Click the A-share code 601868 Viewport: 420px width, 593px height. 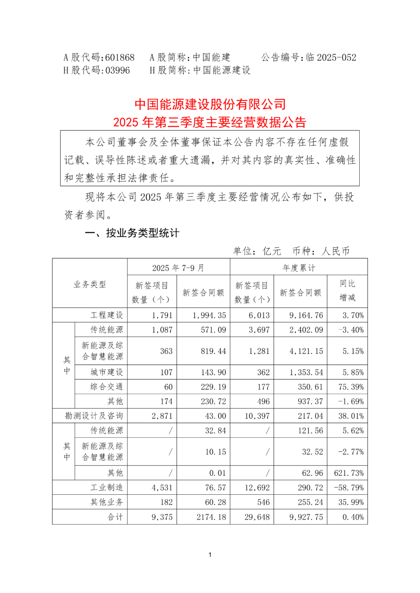[120, 57]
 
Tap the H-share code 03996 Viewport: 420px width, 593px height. [117, 70]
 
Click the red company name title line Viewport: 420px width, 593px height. [210, 104]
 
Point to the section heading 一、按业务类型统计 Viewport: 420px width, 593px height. [132, 233]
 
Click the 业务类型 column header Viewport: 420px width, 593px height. [90, 284]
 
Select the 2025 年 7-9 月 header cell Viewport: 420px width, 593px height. [178, 268]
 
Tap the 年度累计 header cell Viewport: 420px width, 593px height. [299, 268]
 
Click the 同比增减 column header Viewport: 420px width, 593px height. [347, 290]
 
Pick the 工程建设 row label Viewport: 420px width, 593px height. [107, 315]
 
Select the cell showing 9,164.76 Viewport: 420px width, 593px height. [306, 315]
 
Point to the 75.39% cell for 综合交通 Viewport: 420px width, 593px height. [351, 387]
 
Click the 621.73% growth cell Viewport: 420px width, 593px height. [349, 473]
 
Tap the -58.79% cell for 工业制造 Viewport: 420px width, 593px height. [349, 487]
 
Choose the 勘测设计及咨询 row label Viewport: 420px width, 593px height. [94, 416]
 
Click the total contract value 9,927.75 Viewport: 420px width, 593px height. [306, 517]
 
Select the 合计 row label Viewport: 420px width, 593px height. [115, 517]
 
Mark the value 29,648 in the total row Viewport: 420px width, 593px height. [257, 517]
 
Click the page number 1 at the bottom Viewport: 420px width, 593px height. [210, 555]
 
